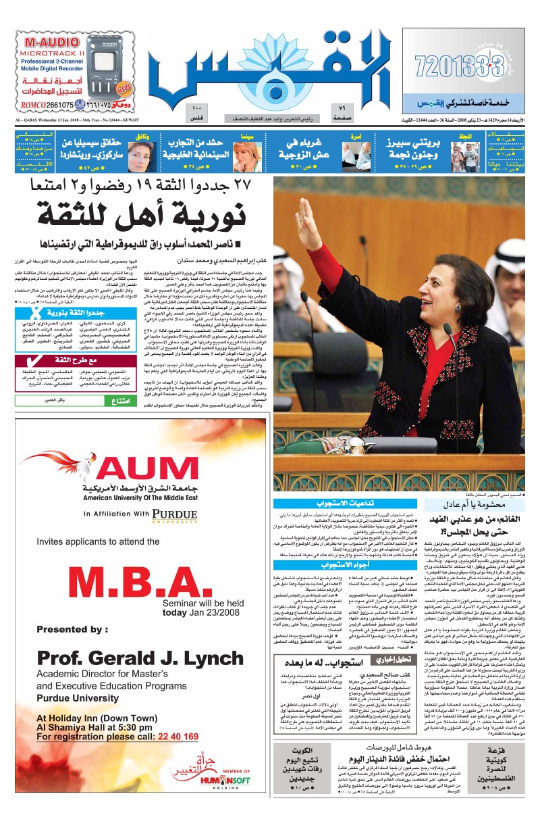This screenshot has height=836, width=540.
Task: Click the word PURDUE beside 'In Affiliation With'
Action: (x=177, y=514)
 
